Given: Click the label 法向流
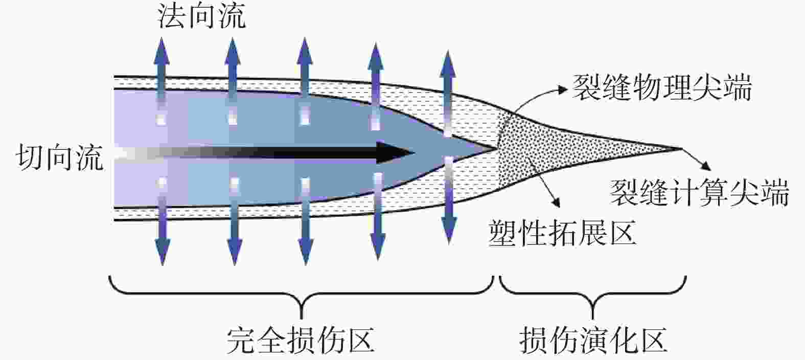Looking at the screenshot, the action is coord(201,16).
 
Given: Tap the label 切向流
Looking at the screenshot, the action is coord(60,157).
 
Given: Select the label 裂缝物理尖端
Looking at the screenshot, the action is coord(661,87).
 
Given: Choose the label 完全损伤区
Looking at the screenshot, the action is coord(301,340).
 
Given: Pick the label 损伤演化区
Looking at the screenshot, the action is coord(593,340).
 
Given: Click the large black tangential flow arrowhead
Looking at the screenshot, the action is coord(395,153).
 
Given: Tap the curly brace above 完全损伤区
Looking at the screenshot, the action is coord(301,296).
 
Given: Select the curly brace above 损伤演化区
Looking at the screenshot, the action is coord(593,296).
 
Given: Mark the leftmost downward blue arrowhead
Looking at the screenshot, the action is coord(163,252).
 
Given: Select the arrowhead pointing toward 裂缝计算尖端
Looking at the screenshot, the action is coord(706,166).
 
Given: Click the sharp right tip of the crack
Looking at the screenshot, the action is coord(681,148).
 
